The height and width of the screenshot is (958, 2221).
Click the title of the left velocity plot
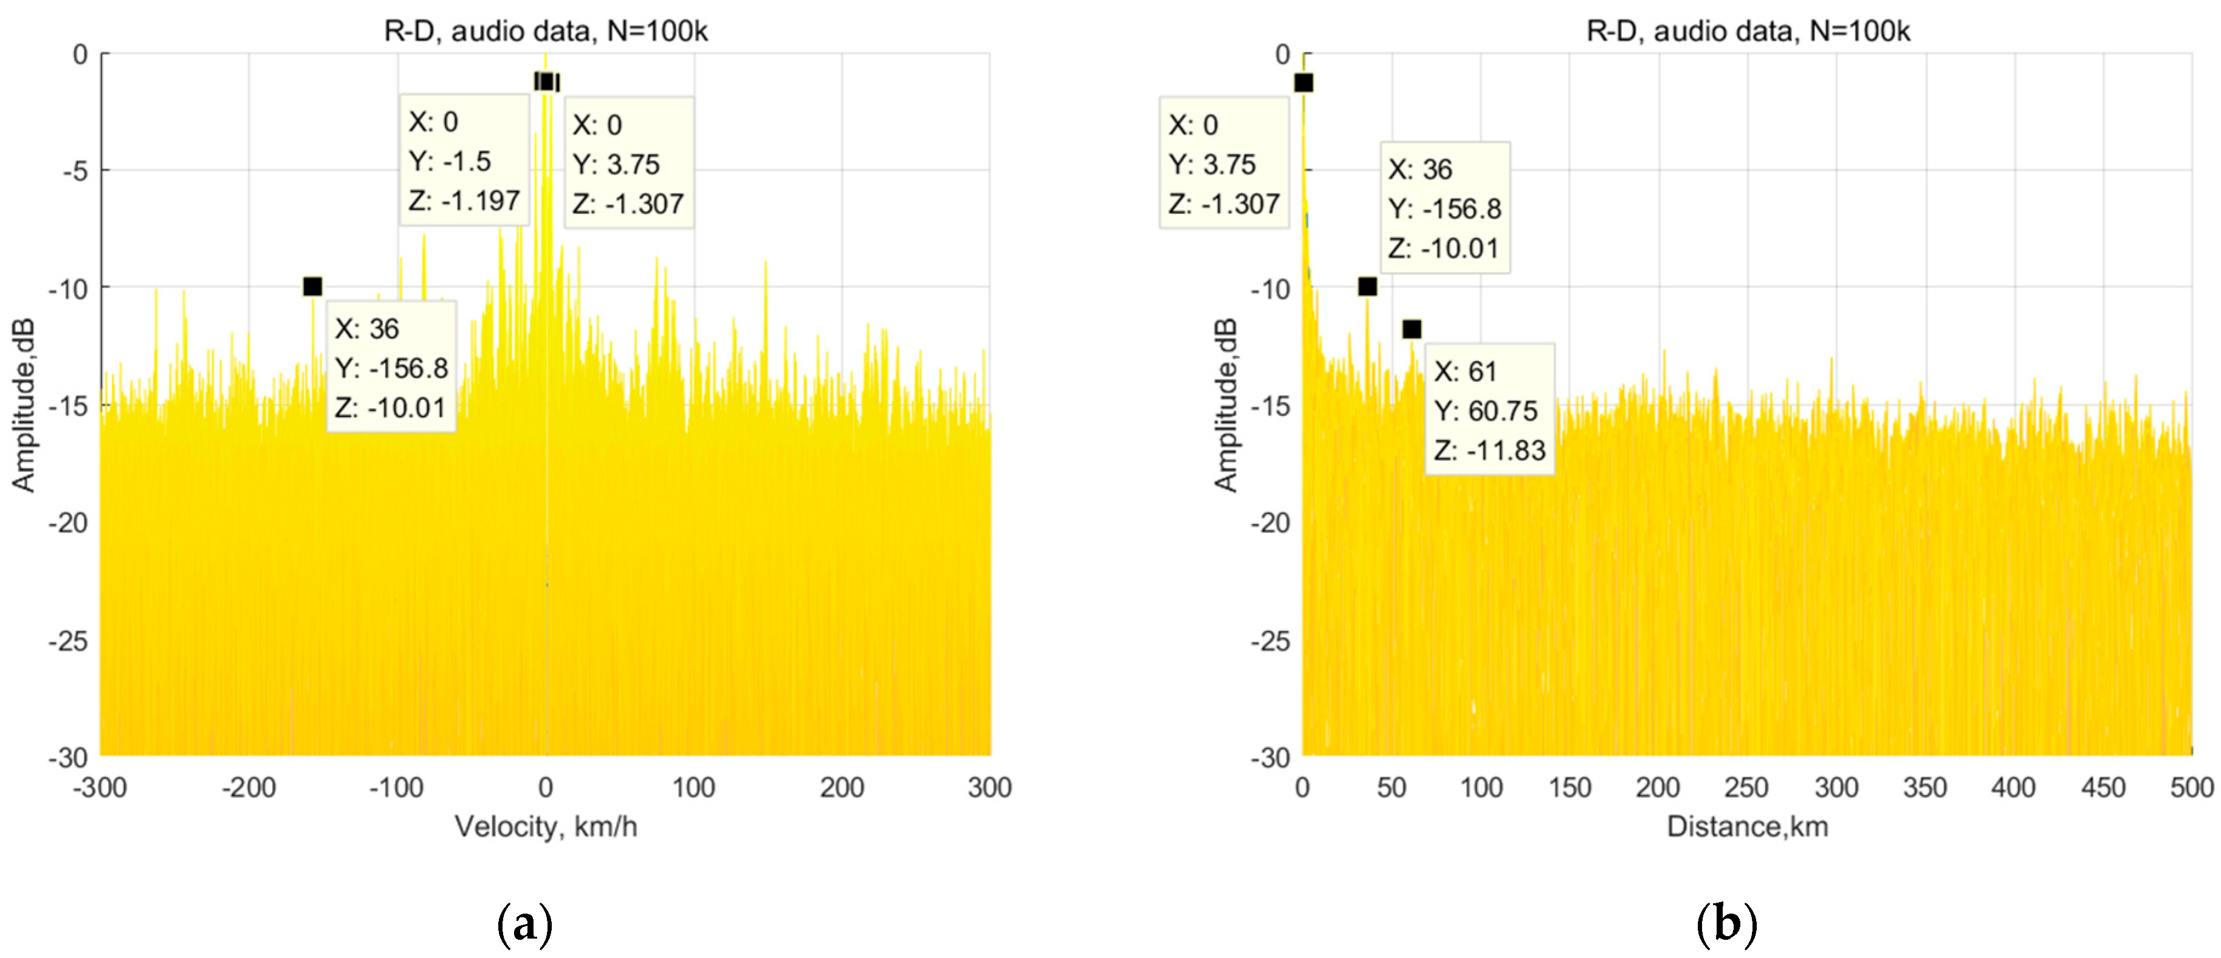(x=545, y=32)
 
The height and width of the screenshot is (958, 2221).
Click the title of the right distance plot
(x=1748, y=32)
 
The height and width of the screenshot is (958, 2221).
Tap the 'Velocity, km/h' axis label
(x=545, y=826)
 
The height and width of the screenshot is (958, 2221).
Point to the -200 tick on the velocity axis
(x=249, y=787)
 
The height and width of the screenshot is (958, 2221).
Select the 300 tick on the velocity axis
(x=989, y=787)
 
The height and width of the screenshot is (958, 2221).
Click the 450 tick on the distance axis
(x=2103, y=787)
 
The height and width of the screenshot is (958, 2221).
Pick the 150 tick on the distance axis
(x=1569, y=787)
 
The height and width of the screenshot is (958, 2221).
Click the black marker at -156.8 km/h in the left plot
(x=313, y=286)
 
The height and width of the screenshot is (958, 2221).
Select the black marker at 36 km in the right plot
(x=1367, y=286)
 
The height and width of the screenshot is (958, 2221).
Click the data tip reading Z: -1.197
(x=464, y=161)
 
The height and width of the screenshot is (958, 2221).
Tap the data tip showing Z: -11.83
(x=1489, y=410)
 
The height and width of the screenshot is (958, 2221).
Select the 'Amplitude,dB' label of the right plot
(x=1225, y=405)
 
